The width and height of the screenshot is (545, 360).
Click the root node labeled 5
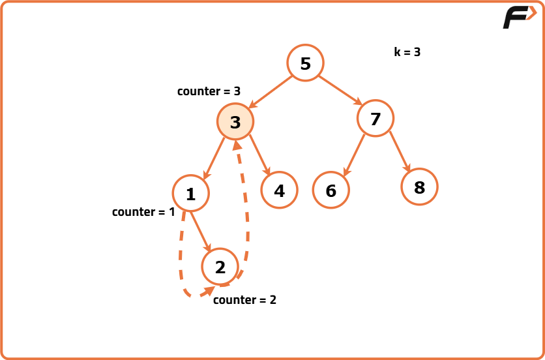(x=305, y=63)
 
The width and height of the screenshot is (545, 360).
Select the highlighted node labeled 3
(x=235, y=122)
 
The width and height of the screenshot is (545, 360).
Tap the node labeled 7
(x=375, y=119)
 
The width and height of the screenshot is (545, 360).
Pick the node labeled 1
(x=190, y=194)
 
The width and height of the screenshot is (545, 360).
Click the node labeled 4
(x=279, y=190)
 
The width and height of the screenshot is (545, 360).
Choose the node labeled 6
(x=331, y=190)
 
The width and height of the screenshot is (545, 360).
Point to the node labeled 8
(x=419, y=187)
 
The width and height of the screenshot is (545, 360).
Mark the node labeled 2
(x=220, y=267)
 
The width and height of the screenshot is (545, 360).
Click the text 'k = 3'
(x=407, y=52)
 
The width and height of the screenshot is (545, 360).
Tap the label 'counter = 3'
(x=209, y=91)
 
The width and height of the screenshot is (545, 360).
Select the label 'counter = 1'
(x=143, y=212)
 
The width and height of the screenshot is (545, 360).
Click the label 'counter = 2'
(x=244, y=300)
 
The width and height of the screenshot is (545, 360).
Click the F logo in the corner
(x=519, y=18)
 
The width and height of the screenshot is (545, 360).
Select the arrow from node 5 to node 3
(x=271, y=91)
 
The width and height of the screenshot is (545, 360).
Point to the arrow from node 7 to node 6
(x=353, y=155)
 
